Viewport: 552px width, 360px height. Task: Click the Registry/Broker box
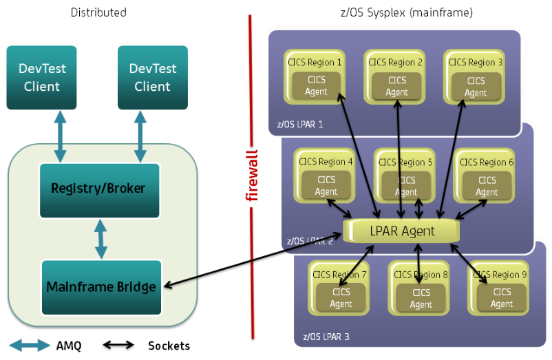(x=99, y=188)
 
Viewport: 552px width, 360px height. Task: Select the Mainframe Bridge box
(x=101, y=286)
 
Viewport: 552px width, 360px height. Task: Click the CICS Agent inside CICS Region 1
(x=317, y=85)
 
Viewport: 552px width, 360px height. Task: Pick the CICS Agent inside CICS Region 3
(x=476, y=85)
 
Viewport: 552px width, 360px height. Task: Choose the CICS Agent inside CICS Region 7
(x=341, y=297)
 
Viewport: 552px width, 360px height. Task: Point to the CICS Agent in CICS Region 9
(x=502, y=297)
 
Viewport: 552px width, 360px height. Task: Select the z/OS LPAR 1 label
(x=295, y=125)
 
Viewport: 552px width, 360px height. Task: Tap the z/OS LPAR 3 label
(x=326, y=337)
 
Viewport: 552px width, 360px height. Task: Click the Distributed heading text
(x=98, y=12)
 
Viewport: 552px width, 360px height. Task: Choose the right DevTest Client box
(x=153, y=77)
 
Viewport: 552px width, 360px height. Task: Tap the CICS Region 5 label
(x=407, y=162)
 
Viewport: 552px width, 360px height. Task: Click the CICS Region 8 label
(x=421, y=275)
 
